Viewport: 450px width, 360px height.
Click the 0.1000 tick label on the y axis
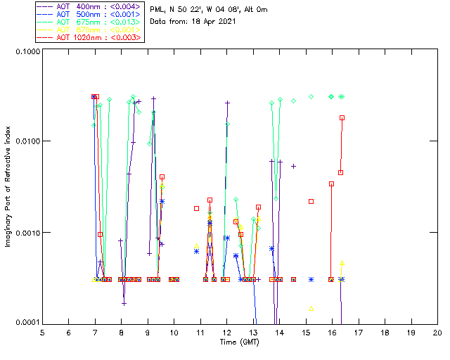(26, 51)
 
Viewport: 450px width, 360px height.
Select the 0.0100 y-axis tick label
(26, 141)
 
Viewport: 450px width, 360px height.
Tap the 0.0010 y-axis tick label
(26, 232)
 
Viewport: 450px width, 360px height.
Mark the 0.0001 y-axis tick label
(26, 322)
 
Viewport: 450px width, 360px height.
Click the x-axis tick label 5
(42, 332)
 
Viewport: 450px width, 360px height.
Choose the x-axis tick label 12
(226, 332)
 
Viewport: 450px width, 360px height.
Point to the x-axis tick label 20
(437, 332)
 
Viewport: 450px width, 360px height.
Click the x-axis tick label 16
(332, 332)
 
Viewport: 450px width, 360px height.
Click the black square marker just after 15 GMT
(311, 201)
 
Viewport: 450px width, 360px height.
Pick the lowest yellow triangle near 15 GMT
(311, 308)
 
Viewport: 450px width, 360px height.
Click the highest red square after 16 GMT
(342, 117)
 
